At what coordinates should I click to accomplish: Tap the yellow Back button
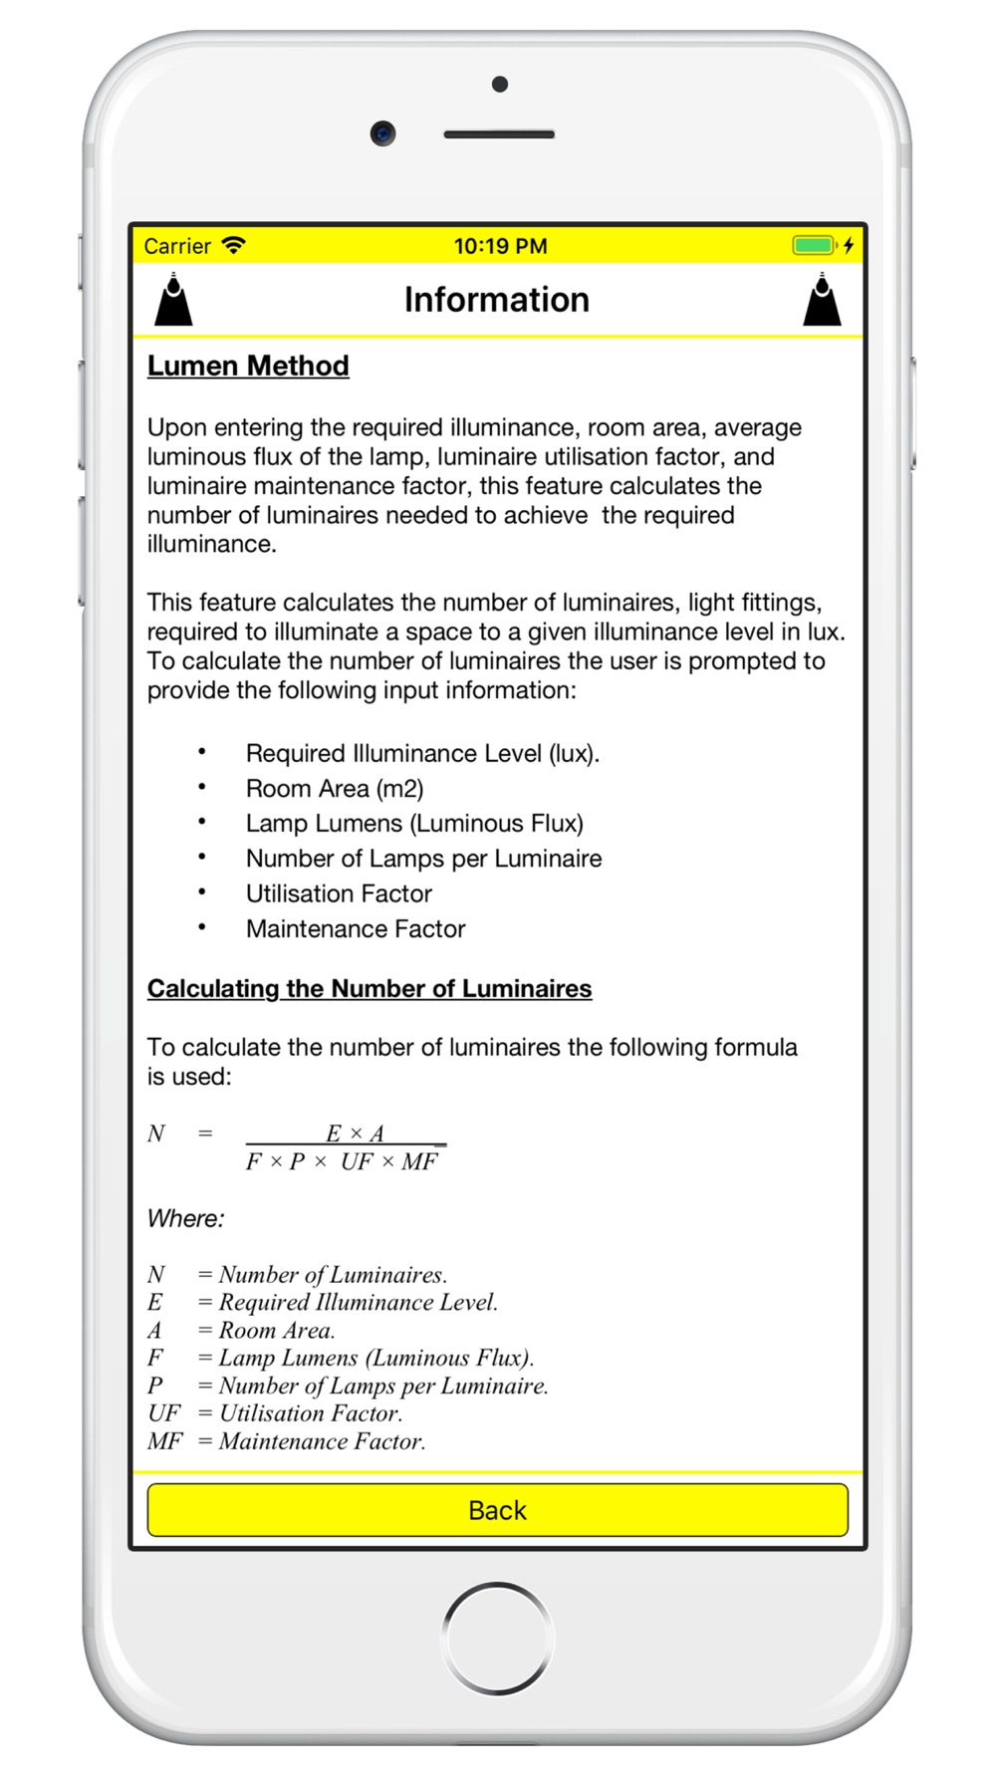pyautogui.click(x=497, y=1510)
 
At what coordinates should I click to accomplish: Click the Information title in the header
pyautogui.click(x=496, y=300)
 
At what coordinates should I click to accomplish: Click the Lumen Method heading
pyautogui.click(x=248, y=366)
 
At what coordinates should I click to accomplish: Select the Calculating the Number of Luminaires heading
pyautogui.click(x=370, y=988)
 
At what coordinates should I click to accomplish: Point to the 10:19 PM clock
pyautogui.click(x=500, y=246)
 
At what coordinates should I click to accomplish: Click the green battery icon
pyautogui.click(x=813, y=245)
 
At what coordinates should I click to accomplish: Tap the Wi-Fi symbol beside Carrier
pyautogui.click(x=234, y=245)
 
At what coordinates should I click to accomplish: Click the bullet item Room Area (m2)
pyautogui.click(x=335, y=789)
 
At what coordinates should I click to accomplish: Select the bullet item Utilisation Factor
pyautogui.click(x=339, y=893)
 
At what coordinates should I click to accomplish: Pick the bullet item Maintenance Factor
pyautogui.click(x=356, y=928)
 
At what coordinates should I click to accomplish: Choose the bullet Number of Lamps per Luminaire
pyautogui.click(x=423, y=859)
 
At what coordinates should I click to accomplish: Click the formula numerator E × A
pyautogui.click(x=355, y=1134)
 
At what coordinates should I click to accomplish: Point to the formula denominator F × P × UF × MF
pyautogui.click(x=342, y=1161)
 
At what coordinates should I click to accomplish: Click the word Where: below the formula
pyautogui.click(x=186, y=1218)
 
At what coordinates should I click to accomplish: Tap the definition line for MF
pyautogui.click(x=287, y=1441)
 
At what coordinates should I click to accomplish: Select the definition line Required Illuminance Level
pyautogui.click(x=324, y=1302)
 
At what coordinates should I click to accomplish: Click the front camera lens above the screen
pyautogui.click(x=382, y=132)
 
